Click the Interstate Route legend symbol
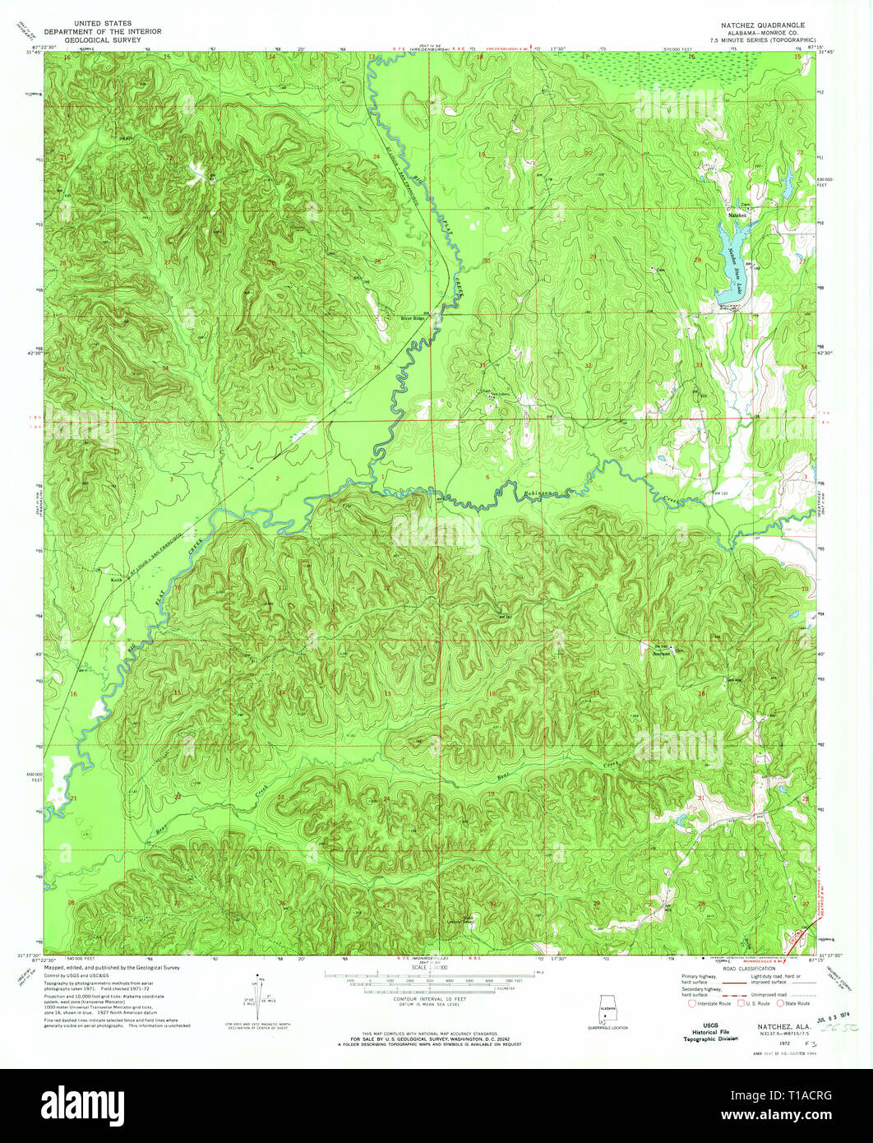(x=691, y=1003)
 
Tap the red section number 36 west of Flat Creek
(x=377, y=367)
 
